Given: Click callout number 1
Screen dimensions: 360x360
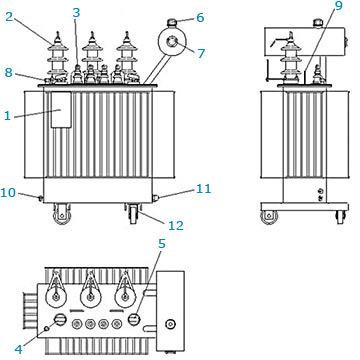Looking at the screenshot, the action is [x=7, y=116].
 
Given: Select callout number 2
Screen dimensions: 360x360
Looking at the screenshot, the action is [x=9, y=17].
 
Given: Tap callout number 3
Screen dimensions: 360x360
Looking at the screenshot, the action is [x=76, y=13].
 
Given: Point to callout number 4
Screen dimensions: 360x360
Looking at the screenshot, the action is [x=19, y=349].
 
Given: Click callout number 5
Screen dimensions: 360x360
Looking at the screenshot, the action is [x=162, y=244].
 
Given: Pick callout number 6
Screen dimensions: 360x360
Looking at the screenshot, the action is [x=200, y=17].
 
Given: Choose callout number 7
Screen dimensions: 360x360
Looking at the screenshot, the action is [x=201, y=53].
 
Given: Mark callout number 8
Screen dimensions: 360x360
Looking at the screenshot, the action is [x=9, y=72].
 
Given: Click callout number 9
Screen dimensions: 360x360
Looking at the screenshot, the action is [x=339, y=6].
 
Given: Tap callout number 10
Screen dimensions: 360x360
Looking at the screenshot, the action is [x=8, y=192].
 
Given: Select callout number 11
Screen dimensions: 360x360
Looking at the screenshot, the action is [x=203, y=189].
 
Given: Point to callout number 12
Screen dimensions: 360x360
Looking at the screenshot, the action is [x=176, y=226].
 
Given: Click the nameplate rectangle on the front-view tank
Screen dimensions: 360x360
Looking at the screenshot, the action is [x=61, y=110].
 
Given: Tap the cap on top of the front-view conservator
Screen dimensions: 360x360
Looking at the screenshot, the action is [x=172, y=23].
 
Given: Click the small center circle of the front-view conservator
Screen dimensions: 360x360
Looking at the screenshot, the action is [x=173, y=42].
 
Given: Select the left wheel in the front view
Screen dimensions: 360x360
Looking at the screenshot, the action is [x=62, y=214].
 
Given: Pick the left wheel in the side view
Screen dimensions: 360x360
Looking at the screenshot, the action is [x=269, y=217].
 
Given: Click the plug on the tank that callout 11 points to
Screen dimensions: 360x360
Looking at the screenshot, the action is [x=155, y=198].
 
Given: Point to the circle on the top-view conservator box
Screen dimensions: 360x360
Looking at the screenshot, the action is [x=170, y=324].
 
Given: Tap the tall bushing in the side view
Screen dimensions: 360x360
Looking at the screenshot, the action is [x=290, y=57].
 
